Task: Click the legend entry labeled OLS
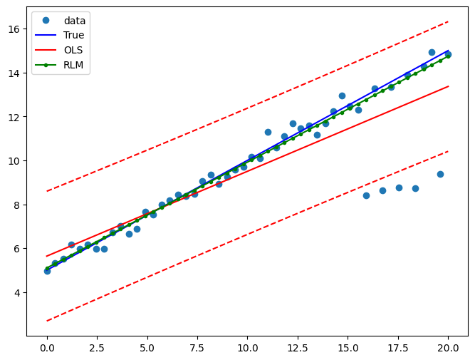(73, 50)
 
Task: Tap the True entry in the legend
(73, 35)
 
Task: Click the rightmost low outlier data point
(440, 174)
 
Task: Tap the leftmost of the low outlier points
(366, 195)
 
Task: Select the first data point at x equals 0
(47, 271)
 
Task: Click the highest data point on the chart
(432, 52)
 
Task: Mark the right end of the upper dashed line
(448, 21)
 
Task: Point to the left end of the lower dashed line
(47, 321)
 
